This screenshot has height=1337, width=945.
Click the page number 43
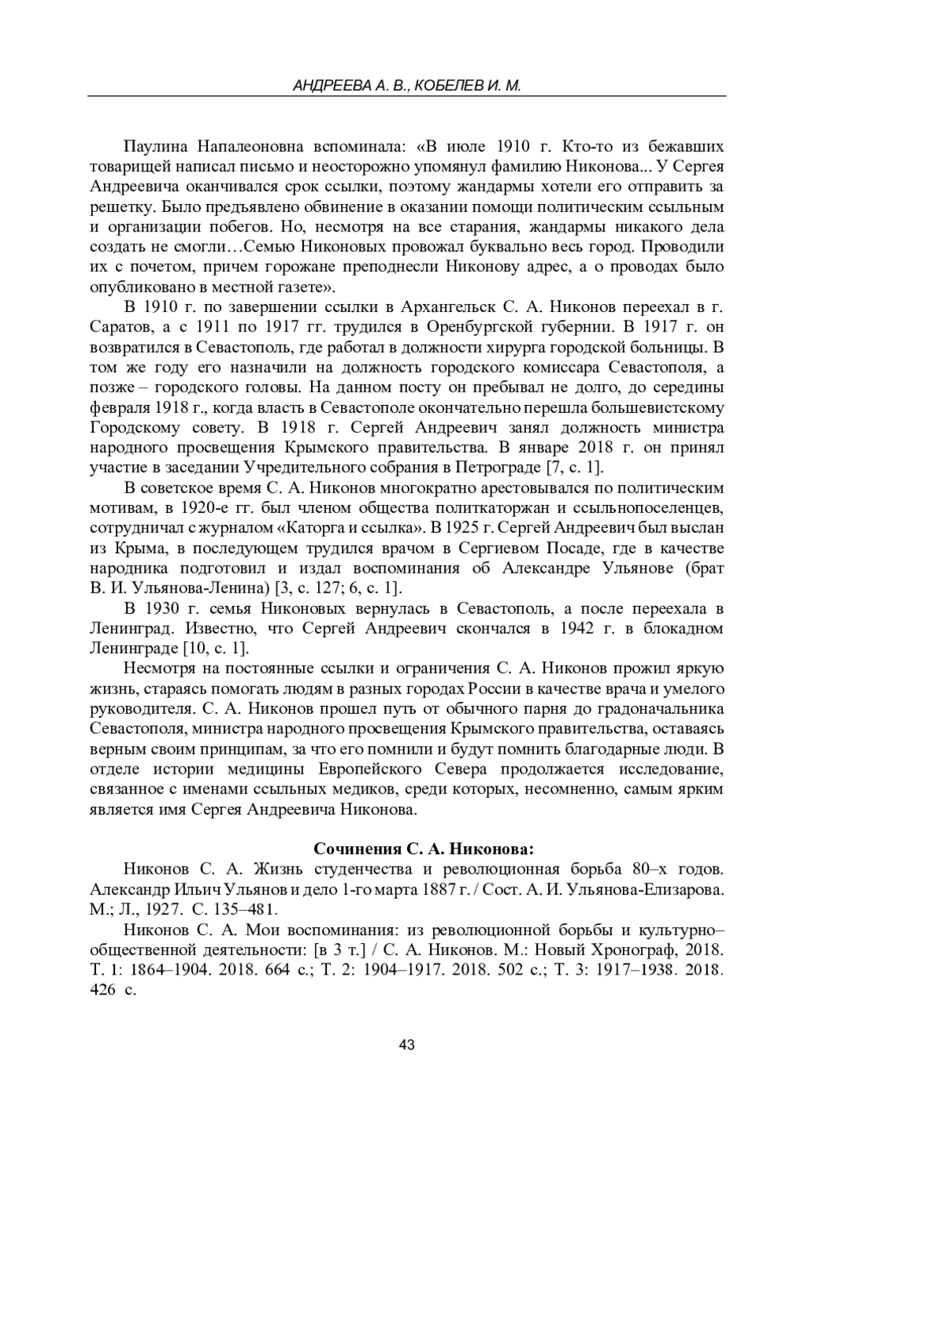pos(406,1045)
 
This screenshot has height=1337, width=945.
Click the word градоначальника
pos(660,709)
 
